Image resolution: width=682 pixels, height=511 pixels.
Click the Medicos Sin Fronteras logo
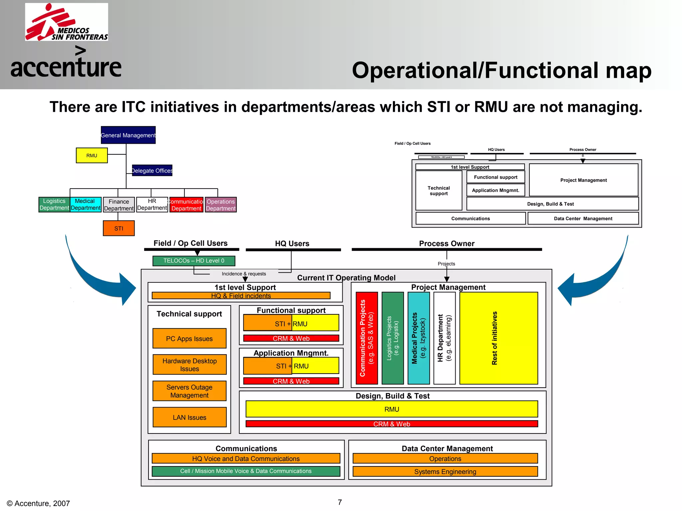click(x=67, y=22)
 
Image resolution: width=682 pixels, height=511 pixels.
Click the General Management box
click(x=128, y=135)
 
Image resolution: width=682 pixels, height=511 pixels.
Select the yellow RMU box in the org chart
click(x=92, y=155)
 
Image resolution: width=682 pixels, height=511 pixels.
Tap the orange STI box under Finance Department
click(x=119, y=228)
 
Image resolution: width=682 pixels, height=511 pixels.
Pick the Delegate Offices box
click(x=152, y=170)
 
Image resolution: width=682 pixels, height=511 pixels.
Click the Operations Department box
click(x=220, y=205)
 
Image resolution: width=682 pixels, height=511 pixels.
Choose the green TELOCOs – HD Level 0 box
click(x=194, y=261)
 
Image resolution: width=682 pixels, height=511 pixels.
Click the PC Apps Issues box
click(x=189, y=338)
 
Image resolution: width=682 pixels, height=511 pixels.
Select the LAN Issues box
click(x=189, y=417)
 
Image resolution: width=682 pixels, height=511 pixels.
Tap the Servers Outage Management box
click(x=189, y=391)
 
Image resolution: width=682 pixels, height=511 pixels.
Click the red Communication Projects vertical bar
click(x=367, y=338)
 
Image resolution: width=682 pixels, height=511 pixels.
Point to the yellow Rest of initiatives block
click(x=499, y=338)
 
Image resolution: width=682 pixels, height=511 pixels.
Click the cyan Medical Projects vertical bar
click(x=419, y=338)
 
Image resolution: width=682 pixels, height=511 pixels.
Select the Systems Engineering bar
click(x=445, y=471)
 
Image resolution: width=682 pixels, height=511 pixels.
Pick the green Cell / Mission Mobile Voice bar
click(x=246, y=471)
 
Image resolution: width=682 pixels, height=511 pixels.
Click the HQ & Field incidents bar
click(x=241, y=295)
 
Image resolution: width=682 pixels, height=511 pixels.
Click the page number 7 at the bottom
click(x=340, y=502)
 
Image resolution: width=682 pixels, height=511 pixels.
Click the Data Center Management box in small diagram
click(x=583, y=219)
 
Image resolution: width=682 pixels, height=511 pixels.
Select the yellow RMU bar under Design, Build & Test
click(x=392, y=409)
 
